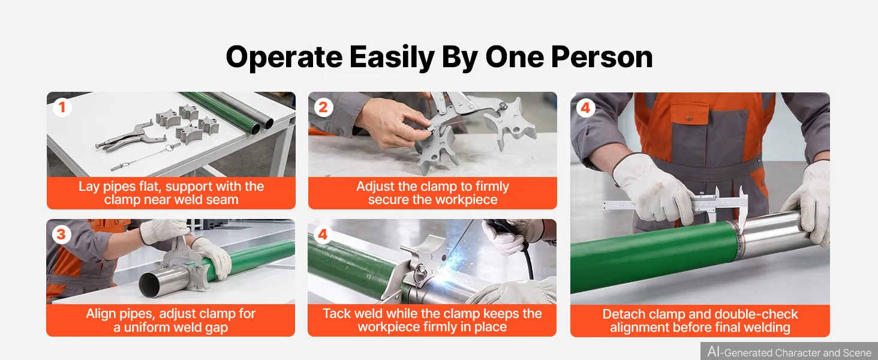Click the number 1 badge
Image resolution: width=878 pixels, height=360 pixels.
(62, 107)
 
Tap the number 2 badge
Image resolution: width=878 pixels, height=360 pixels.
(323, 107)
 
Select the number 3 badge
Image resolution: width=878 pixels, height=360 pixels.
(62, 235)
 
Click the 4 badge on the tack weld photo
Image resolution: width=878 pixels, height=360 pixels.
(323, 235)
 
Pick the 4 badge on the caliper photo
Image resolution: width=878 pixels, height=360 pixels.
(585, 108)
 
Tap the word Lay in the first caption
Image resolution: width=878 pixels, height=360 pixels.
(89, 187)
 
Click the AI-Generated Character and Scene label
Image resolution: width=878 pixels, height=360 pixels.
(789, 352)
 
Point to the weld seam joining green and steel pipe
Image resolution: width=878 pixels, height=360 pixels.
(739, 239)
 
